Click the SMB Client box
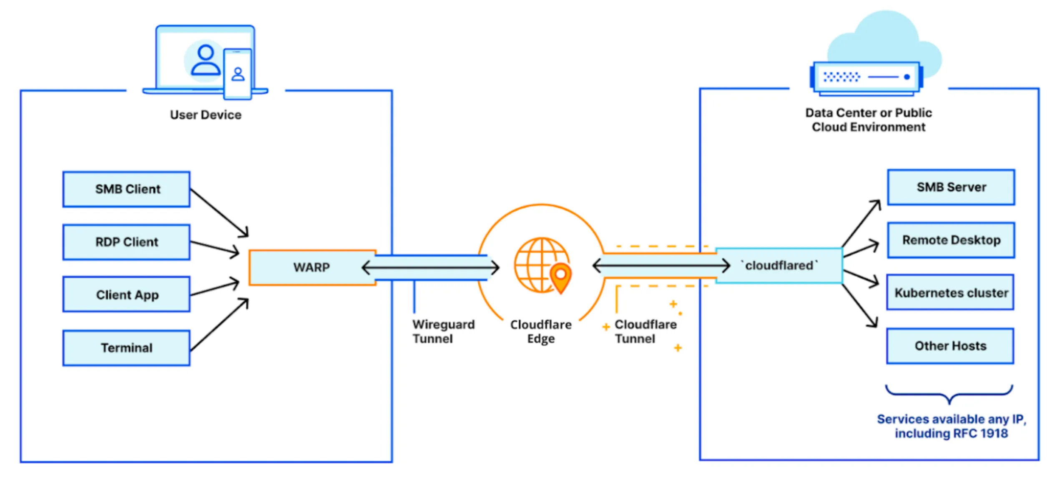pyautogui.click(x=126, y=189)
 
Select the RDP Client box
pyautogui.click(x=126, y=242)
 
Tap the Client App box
pyautogui.click(x=126, y=295)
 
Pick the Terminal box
pyautogui.click(x=126, y=348)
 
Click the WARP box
pyautogui.click(x=312, y=267)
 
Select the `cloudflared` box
pyautogui.click(x=779, y=266)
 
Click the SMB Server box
pyautogui.click(x=951, y=187)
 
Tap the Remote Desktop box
pyautogui.click(x=951, y=240)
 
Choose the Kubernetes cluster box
pyautogui.click(x=951, y=293)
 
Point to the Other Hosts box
pyautogui.click(x=950, y=346)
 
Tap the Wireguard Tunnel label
pyautogui.click(x=443, y=331)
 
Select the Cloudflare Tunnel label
pyautogui.click(x=645, y=331)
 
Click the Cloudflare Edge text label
pyautogui.click(x=541, y=331)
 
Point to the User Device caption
pyautogui.click(x=206, y=115)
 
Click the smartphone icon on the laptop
pyautogui.click(x=238, y=74)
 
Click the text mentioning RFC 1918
pyautogui.click(x=951, y=426)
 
